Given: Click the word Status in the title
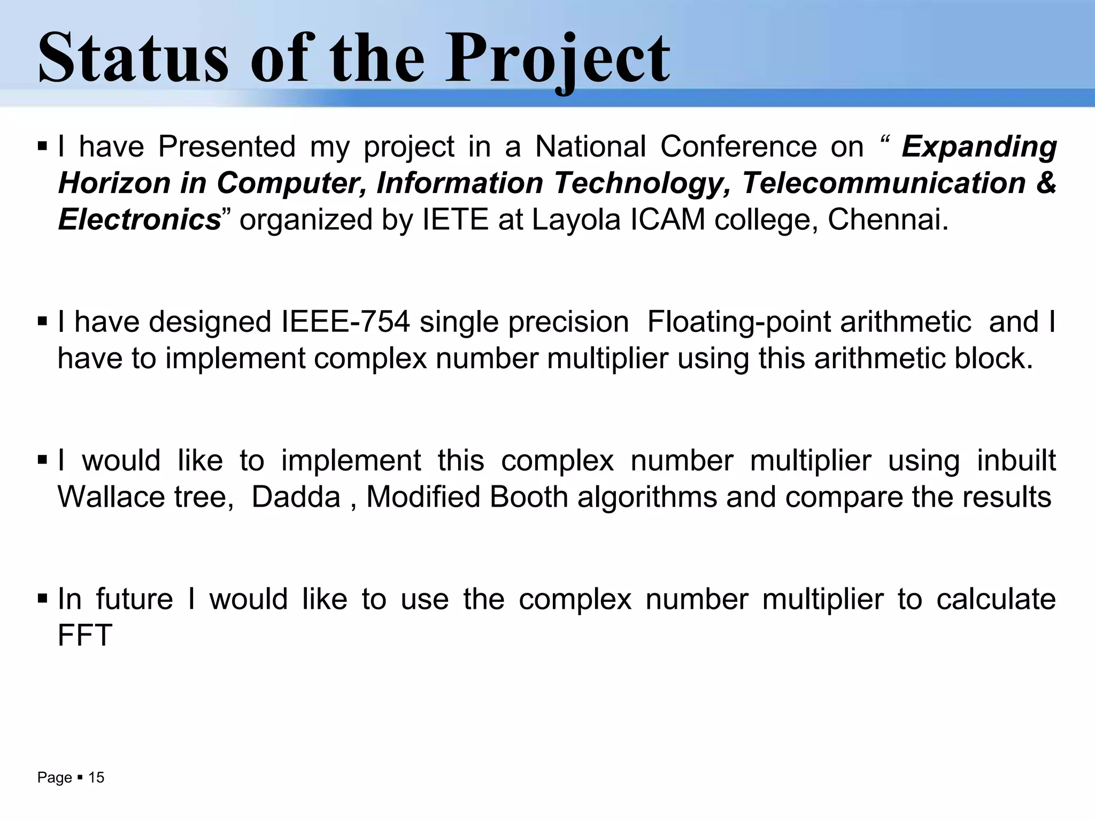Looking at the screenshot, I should point(133,58).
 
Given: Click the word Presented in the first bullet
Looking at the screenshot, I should point(227,146).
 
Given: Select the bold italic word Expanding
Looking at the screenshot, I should point(979,146).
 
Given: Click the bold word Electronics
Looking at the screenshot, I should point(140,219).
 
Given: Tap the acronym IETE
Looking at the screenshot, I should point(455,219).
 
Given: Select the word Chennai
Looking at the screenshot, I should point(887,219).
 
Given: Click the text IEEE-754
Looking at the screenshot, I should point(345,322).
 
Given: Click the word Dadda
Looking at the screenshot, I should point(296,497).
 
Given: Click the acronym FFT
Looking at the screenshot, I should point(84,635).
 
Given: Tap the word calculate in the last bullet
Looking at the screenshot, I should point(996,599).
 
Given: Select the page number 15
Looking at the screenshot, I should point(96,777).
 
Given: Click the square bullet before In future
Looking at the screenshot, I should point(43,598).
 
